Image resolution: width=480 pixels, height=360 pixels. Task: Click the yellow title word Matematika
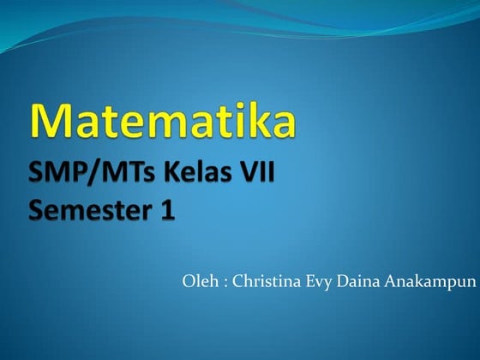[164, 121]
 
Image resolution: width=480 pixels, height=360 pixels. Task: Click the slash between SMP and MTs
[85, 174]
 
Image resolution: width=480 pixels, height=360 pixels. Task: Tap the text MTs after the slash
[113, 174]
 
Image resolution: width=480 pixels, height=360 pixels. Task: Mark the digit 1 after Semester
[166, 209]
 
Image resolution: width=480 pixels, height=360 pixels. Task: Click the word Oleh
[197, 281]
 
